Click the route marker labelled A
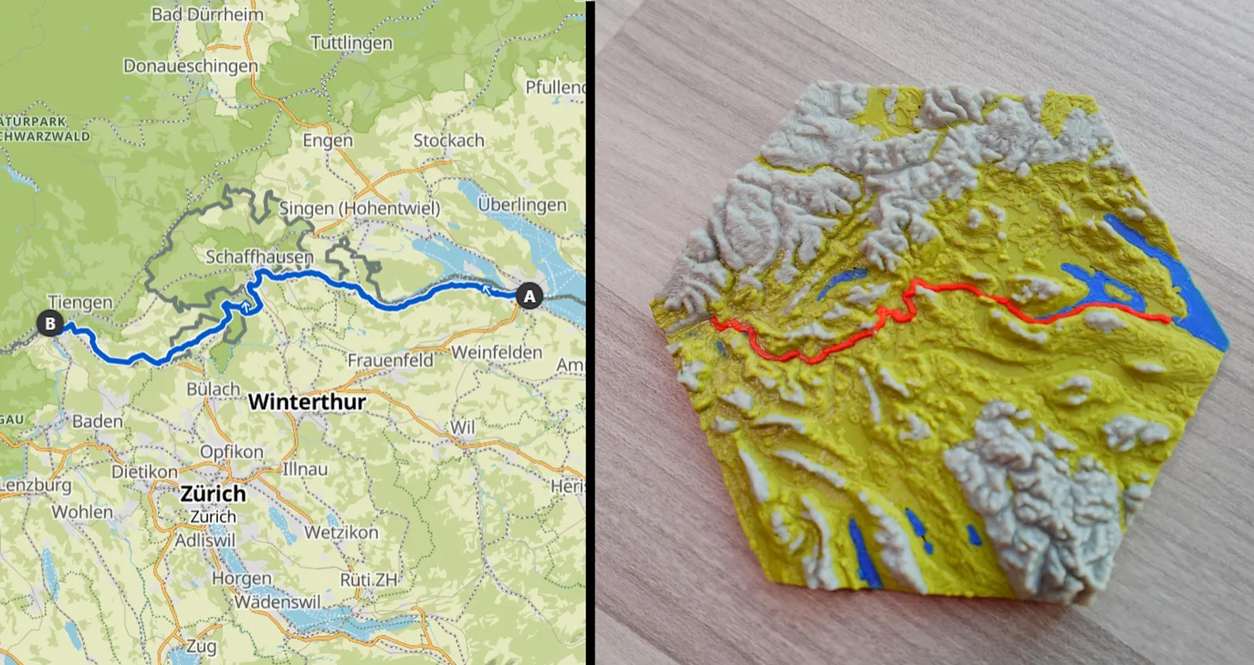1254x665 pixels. pos(529,297)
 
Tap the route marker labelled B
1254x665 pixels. pos(50,323)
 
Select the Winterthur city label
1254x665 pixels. pos(306,402)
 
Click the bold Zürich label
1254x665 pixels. pos(212,494)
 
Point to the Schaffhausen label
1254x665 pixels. pos(259,257)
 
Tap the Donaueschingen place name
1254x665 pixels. pos(190,66)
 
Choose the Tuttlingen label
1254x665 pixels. pos(351,43)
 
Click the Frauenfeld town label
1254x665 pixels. pos(390,361)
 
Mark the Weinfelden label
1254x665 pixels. pos(497,352)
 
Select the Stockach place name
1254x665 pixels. pos(449,140)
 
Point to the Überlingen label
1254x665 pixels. pos(522,205)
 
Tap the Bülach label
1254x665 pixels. pos(213,389)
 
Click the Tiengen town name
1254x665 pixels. pos(80,302)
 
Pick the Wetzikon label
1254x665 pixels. pos(341,532)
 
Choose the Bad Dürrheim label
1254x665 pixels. pos(208,14)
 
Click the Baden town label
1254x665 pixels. pos(97,421)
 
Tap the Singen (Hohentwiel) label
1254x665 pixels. pos(359,208)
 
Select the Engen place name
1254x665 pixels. pos(328,140)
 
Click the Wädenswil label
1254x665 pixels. pos(277,602)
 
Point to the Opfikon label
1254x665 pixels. pos(231,452)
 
